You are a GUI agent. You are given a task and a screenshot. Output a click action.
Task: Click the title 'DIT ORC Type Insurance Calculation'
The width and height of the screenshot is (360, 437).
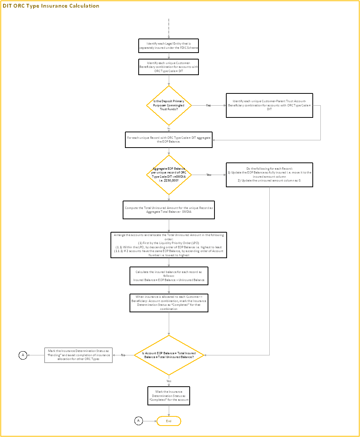pos(51,6)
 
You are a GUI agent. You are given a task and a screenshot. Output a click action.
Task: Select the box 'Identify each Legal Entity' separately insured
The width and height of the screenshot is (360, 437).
pos(169,46)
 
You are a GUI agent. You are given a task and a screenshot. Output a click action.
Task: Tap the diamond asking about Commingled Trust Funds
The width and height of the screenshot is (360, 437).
pos(169,105)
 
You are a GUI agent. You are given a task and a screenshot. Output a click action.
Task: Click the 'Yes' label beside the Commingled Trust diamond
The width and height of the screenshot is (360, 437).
pos(208,105)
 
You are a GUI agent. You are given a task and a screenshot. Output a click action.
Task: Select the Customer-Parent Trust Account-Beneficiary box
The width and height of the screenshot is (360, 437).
pos(269,105)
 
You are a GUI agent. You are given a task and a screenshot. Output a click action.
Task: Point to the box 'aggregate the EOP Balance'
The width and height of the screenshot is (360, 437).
pos(169,140)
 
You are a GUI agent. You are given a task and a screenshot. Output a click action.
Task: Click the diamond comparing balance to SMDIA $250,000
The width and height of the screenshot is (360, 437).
pos(169,175)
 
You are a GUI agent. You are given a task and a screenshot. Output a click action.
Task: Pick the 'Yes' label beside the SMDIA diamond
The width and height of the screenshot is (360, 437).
pos(209,175)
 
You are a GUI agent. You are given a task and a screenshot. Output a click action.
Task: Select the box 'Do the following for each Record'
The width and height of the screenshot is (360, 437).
pos(269,175)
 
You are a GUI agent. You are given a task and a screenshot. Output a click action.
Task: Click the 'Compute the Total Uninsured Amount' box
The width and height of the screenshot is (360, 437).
pos(169,210)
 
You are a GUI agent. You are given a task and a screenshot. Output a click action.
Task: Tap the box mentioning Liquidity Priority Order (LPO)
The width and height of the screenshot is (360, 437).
pos(169,245)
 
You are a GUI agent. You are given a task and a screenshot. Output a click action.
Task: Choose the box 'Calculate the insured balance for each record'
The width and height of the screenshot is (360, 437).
pos(169,276)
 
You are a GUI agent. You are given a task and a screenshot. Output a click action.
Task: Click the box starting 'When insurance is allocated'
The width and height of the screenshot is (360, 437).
pos(169,303)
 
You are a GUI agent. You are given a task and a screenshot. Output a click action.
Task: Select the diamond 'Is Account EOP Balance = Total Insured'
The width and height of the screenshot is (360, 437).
pos(169,355)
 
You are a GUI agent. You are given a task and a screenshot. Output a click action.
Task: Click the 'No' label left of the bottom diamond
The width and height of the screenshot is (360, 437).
pos(123,355)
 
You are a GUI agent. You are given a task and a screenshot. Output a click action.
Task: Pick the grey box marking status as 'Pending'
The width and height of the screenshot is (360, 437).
pos(78,355)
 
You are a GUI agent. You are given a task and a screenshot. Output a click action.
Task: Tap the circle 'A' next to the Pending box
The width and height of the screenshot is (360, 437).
pos(23,355)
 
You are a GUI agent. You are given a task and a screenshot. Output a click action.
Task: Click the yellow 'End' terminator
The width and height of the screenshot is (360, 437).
pos(169,421)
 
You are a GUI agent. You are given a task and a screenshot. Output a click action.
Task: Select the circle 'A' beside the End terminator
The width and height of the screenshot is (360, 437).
pos(139,421)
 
